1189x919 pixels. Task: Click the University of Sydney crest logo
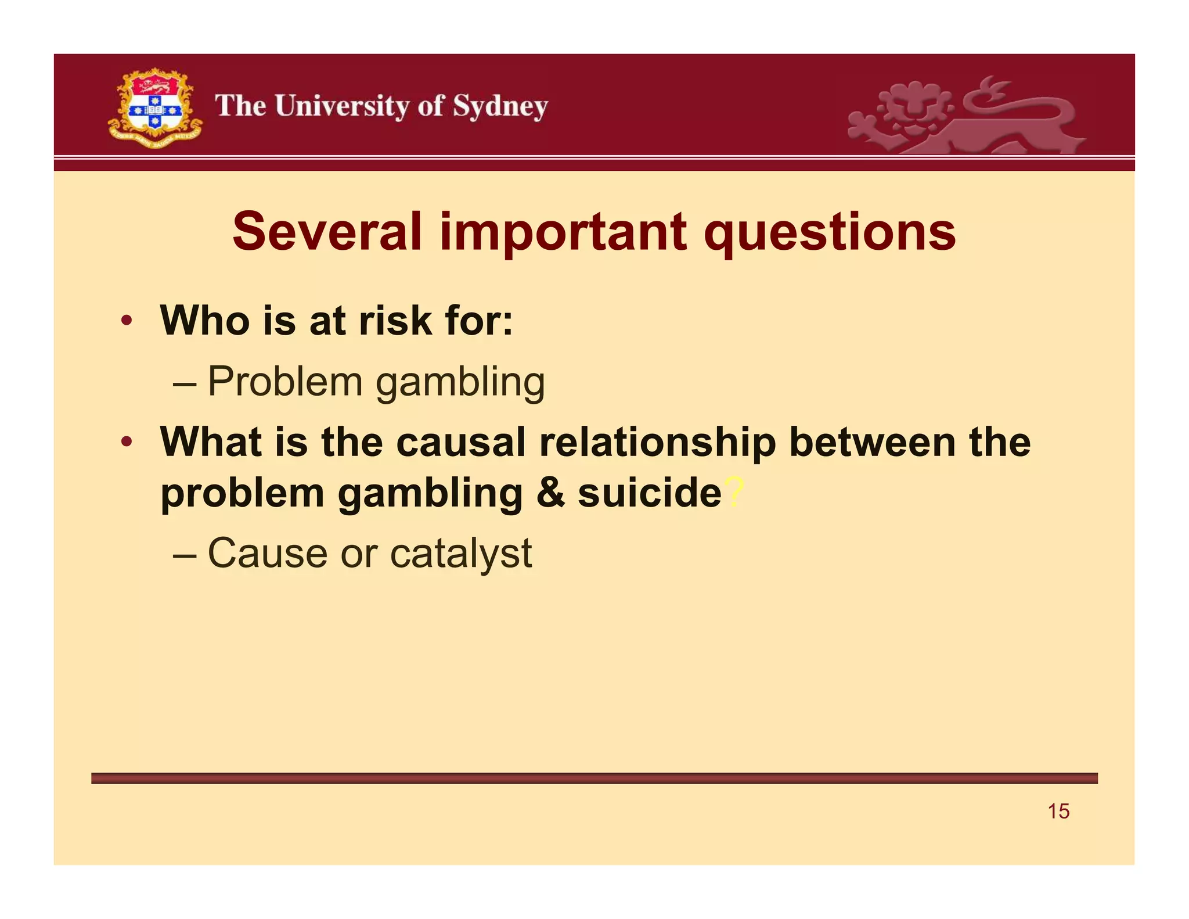pyautogui.click(x=155, y=108)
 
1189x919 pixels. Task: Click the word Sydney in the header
pyautogui.click(x=500, y=107)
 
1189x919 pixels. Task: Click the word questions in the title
pyautogui.click(x=830, y=232)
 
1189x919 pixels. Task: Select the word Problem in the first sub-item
pyautogui.click(x=285, y=382)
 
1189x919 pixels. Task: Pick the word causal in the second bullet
pyautogui.click(x=461, y=442)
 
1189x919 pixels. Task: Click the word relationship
pyautogui.click(x=657, y=443)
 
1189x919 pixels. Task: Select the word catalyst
pyautogui.click(x=461, y=554)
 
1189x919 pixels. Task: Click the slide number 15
pyautogui.click(x=1058, y=811)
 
